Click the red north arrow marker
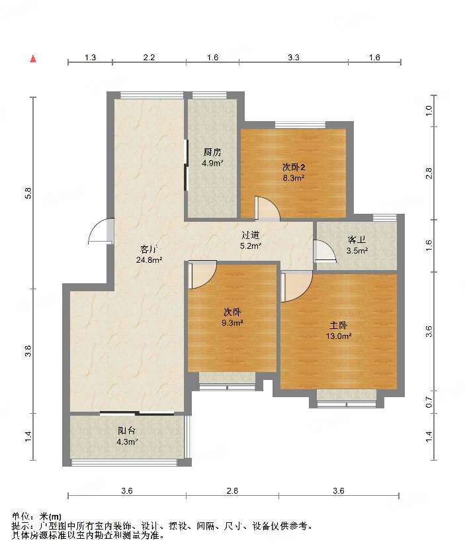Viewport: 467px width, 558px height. tap(33, 59)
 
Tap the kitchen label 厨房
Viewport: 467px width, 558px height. tap(212, 152)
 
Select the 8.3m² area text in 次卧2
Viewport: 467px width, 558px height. tap(293, 178)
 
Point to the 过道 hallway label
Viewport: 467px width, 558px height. tap(251, 235)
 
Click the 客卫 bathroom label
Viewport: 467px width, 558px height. tap(357, 240)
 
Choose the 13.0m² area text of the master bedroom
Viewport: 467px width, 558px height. tap(339, 336)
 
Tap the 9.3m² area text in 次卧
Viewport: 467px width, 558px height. tap(232, 323)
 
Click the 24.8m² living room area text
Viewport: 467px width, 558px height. tap(149, 259)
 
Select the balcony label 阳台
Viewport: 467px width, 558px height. tap(126, 431)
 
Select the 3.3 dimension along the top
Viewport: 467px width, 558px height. tap(294, 58)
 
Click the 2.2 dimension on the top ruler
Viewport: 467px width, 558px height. tap(149, 58)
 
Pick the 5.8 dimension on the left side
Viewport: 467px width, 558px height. tap(28, 193)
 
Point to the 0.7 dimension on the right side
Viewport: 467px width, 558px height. tap(429, 402)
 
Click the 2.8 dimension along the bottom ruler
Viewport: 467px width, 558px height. tap(232, 491)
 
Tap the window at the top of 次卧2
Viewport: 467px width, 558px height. tap(300, 124)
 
